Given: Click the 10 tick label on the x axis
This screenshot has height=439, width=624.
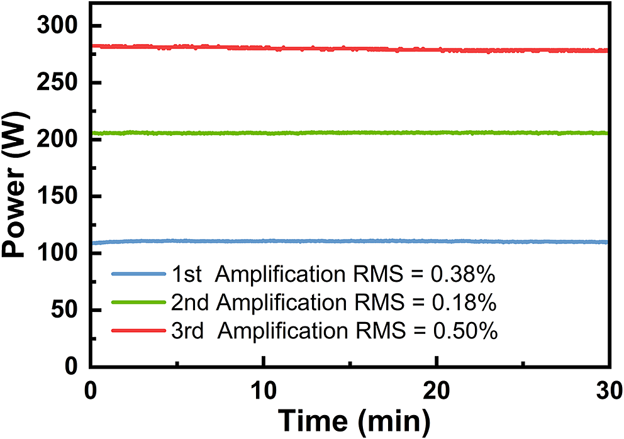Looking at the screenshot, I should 264,389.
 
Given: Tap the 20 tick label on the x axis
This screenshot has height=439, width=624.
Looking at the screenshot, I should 437,389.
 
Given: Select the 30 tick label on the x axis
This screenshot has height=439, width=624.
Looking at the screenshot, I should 608,389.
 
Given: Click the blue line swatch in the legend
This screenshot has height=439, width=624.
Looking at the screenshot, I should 139,274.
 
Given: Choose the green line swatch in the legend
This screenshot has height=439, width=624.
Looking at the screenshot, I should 139,303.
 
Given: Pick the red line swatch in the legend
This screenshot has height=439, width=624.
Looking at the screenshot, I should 139,331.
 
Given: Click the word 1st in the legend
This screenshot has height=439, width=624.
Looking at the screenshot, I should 186,274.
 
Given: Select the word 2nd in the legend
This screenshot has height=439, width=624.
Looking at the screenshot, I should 189,303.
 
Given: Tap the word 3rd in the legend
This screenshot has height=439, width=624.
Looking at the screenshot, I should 187,331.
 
